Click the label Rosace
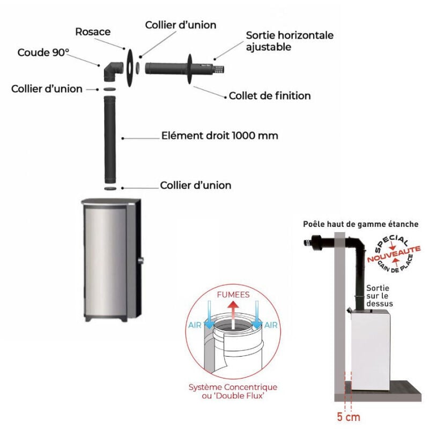click(93, 32)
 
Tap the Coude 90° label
click(43, 53)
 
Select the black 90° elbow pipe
click(113, 72)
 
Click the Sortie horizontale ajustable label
click(290, 41)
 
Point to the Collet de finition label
click(270, 96)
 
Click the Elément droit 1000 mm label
click(220, 136)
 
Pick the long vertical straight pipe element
click(110, 139)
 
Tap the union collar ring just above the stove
click(110, 189)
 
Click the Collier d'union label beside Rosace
click(181, 25)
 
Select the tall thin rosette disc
click(130, 68)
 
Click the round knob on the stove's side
click(141, 260)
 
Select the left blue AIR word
click(195, 325)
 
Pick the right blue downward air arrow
click(257, 315)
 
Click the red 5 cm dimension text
click(348, 417)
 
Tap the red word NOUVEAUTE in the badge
click(394, 254)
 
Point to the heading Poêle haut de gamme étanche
click(360, 224)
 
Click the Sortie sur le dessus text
click(380, 296)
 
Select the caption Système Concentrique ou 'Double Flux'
click(233, 391)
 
